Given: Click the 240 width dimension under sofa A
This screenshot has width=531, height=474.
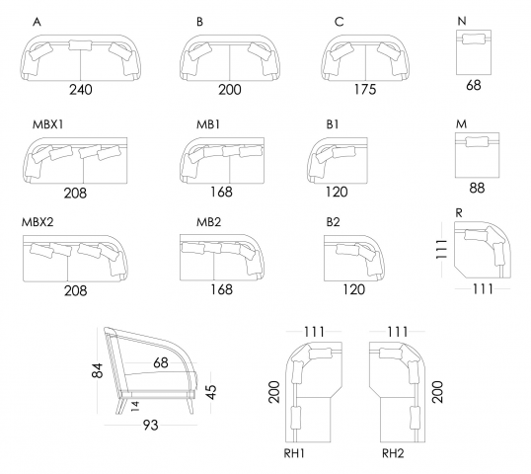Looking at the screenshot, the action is pyautogui.click(x=81, y=90).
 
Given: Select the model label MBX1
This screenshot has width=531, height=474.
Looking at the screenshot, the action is pyautogui.click(x=47, y=124).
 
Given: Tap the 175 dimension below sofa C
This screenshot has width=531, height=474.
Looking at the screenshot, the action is pyautogui.click(x=365, y=90).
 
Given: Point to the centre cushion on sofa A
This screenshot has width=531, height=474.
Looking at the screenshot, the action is pyautogui.click(x=80, y=45).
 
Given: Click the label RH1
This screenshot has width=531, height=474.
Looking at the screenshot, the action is pyautogui.click(x=294, y=453).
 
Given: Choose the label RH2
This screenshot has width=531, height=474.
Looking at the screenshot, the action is pyautogui.click(x=393, y=453).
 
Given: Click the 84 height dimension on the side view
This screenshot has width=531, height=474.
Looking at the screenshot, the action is pyautogui.click(x=97, y=370).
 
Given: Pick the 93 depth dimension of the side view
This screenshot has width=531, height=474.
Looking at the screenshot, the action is pyautogui.click(x=150, y=425).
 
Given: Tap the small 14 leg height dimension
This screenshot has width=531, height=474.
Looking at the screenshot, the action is pyautogui.click(x=135, y=406).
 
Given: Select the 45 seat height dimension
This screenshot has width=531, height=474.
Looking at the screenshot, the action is pyautogui.click(x=210, y=392).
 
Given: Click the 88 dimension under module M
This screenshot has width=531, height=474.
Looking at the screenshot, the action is pyautogui.click(x=477, y=188).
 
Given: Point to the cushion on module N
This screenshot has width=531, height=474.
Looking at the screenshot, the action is pyautogui.click(x=474, y=39).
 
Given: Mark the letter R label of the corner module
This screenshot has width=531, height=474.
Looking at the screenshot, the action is pyautogui.click(x=459, y=213).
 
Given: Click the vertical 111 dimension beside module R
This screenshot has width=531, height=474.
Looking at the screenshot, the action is pyautogui.click(x=441, y=249).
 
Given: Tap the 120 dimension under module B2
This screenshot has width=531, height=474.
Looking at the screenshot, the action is pyautogui.click(x=354, y=289).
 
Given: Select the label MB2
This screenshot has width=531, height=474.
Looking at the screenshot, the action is pyautogui.click(x=208, y=222).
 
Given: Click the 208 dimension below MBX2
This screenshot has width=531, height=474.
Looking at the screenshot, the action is pyautogui.click(x=76, y=290).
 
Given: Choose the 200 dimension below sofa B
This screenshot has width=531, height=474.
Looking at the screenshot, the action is pyautogui.click(x=230, y=90).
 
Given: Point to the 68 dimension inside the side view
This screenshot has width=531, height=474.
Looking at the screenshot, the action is pyautogui.click(x=161, y=363).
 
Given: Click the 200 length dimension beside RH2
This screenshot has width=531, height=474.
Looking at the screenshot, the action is pyautogui.click(x=437, y=392).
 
